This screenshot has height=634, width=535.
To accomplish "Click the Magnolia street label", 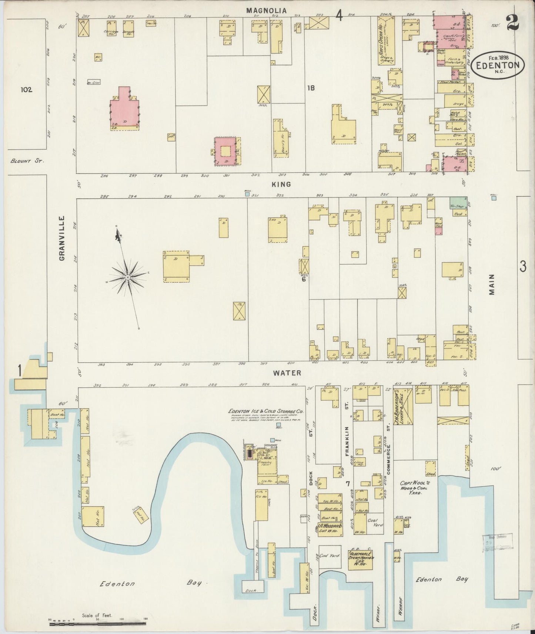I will (267, 11).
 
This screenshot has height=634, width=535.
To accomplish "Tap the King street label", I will (283, 184).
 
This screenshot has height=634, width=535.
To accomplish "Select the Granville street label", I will (62, 238).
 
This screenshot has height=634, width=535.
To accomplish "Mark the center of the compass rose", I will (127, 277).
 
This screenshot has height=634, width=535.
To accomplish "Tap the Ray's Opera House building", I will (385, 41).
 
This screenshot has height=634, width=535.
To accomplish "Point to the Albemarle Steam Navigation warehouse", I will (360, 561).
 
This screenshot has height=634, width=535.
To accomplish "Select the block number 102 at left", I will (27, 90).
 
